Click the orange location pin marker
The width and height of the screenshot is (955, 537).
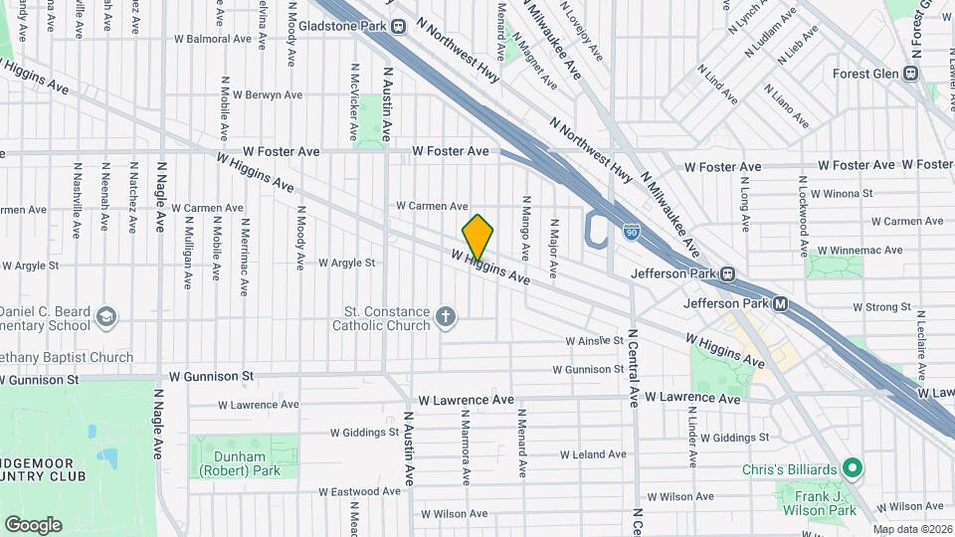click(x=477, y=237)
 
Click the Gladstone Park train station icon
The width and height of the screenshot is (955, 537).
click(x=399, y=27)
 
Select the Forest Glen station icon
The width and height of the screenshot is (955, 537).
click(x=910, y=73)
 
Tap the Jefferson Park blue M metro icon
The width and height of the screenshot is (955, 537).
click(x=781, y=303)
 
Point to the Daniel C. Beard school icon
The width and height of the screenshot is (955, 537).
click(x=106, y=317)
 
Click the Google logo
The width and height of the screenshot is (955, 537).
click(x=33, y=524)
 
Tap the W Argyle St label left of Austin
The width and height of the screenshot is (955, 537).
click(x=346, y=264)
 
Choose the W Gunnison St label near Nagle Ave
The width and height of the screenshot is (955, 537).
click(x=210, y=377)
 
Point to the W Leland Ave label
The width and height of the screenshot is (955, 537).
click(x=593, y=454)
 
